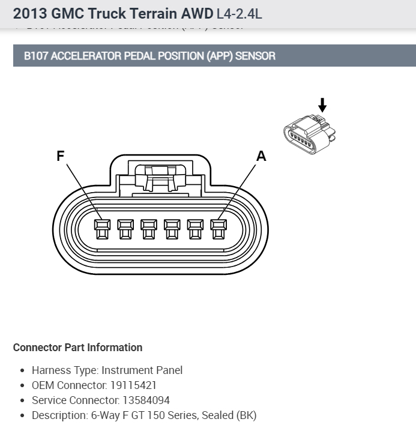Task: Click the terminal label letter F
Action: (x=60, y=156)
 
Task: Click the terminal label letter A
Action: (x=261, y=156)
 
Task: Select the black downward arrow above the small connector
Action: (x=322, y=105)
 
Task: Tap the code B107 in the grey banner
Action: (x=37, y=56)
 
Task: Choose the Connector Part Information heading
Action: (x=77, y=348)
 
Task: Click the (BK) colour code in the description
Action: (x=246, y=415)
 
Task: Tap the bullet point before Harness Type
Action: (x=22, y=371)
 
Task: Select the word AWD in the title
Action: (x=193, y=13)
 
